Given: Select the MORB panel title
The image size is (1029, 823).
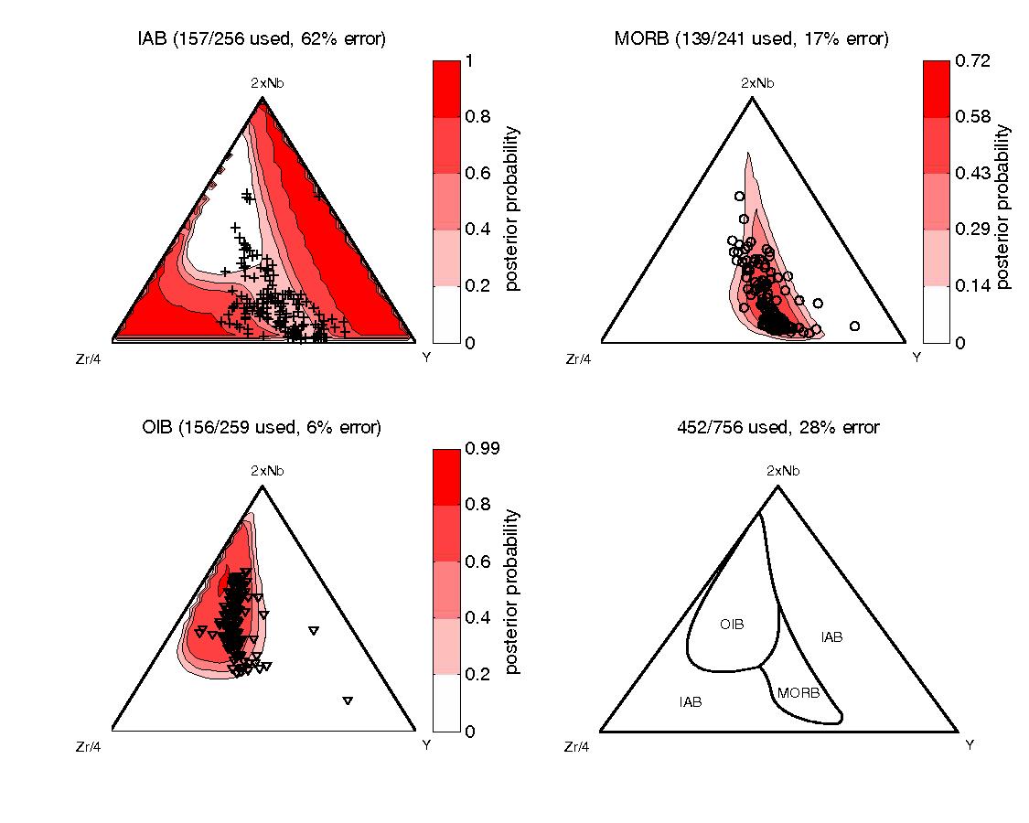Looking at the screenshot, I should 752,38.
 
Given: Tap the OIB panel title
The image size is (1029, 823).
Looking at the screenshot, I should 263,427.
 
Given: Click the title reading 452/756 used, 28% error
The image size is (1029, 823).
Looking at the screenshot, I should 777,427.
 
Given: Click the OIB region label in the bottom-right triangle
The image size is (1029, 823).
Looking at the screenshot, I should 732,625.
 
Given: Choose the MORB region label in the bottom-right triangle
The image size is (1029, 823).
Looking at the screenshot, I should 797,693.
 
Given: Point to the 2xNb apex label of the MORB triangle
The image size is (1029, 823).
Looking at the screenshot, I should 756,83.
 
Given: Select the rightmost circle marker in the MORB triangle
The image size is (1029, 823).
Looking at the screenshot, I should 854,326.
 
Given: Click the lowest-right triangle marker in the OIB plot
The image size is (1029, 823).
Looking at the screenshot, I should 348,700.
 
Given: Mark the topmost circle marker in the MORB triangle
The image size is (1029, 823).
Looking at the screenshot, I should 738,196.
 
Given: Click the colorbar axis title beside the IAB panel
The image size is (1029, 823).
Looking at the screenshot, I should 512,208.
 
